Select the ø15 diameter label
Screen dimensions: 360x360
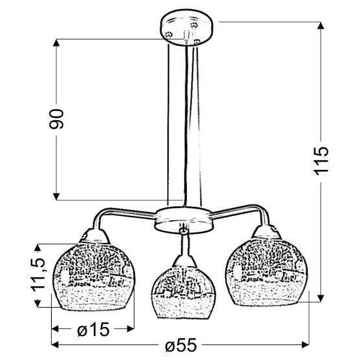pyautogui.click(x=92, y=330)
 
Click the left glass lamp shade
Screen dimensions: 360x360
pyautogui.click(x=91, y=275)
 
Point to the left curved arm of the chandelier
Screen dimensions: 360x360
pyautogui.click(x=123, y=215)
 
